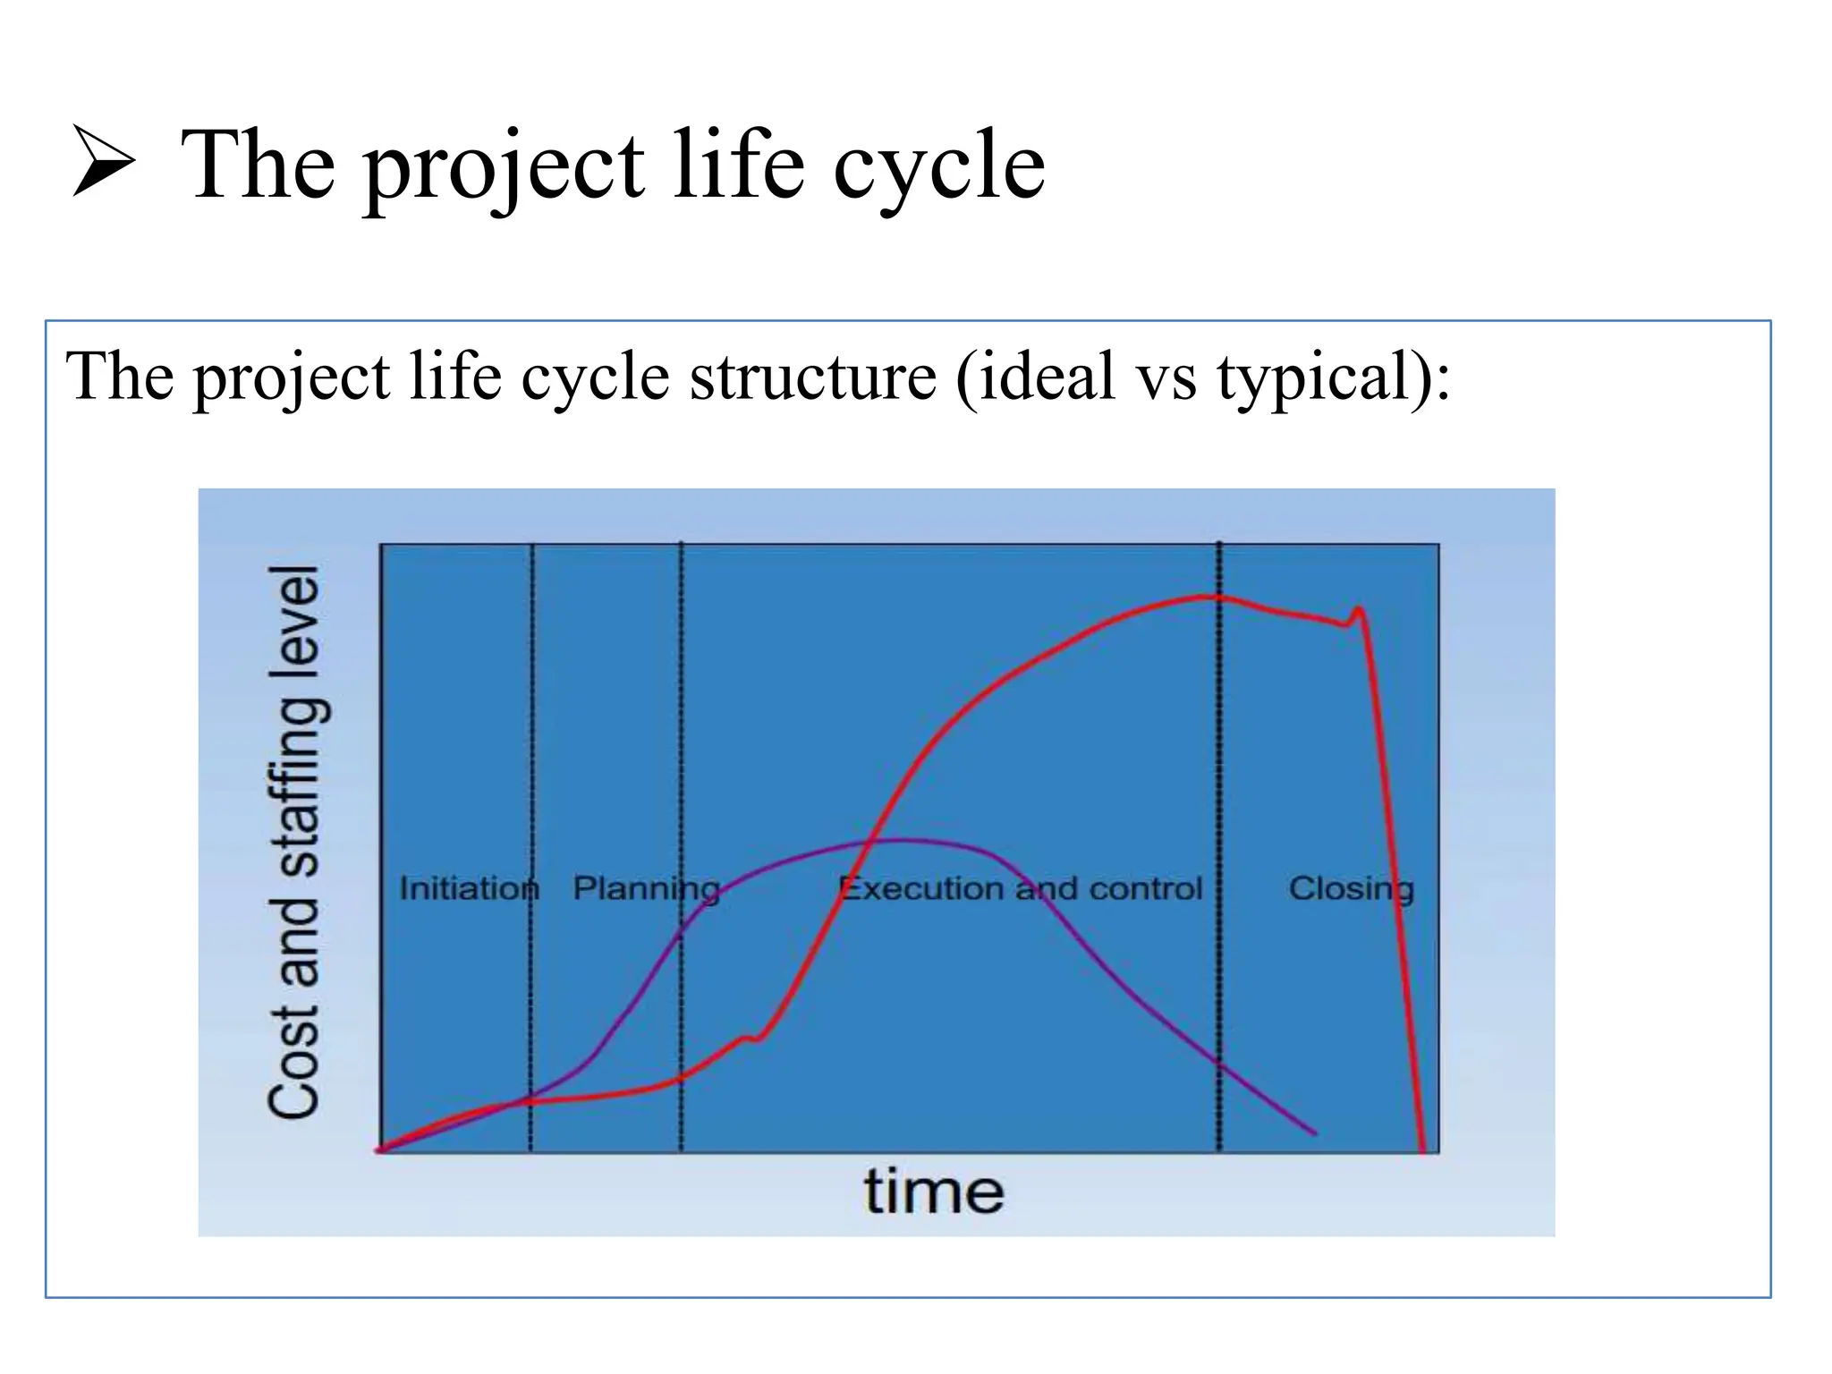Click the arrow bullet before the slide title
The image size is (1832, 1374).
(103, 162)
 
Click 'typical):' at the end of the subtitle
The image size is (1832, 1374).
(1333, 377)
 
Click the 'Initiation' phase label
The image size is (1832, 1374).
(469, 888)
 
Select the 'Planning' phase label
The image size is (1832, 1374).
(646, 888)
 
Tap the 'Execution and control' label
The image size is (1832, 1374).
(1020, 888)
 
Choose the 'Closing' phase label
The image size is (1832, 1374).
(1351, 888)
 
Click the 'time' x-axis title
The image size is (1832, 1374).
(933, 1192)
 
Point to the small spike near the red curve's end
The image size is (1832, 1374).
(1359, 611)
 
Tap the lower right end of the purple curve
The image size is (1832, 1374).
(1313, 1132)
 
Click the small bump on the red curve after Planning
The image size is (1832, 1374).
(750, 1038)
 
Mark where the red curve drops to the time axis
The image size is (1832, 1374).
(1422, 1149)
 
